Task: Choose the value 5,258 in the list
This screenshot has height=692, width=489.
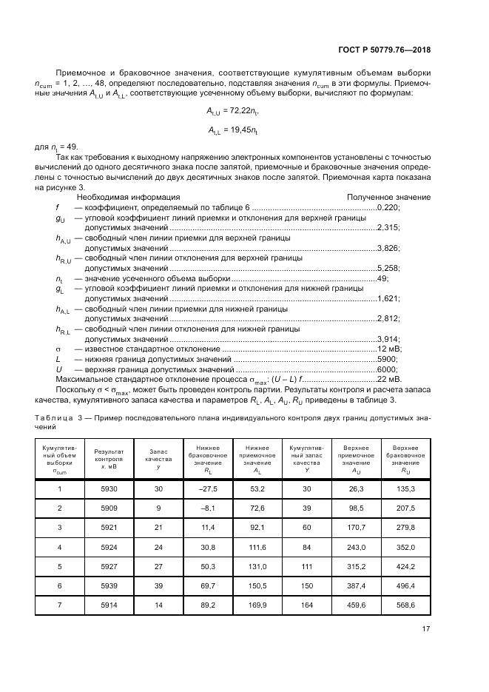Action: coord(388,267)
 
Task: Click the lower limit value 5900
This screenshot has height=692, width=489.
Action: coord(387,358)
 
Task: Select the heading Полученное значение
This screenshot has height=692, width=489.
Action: coord(388,198)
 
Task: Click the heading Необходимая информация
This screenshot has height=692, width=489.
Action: coord(129,198)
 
